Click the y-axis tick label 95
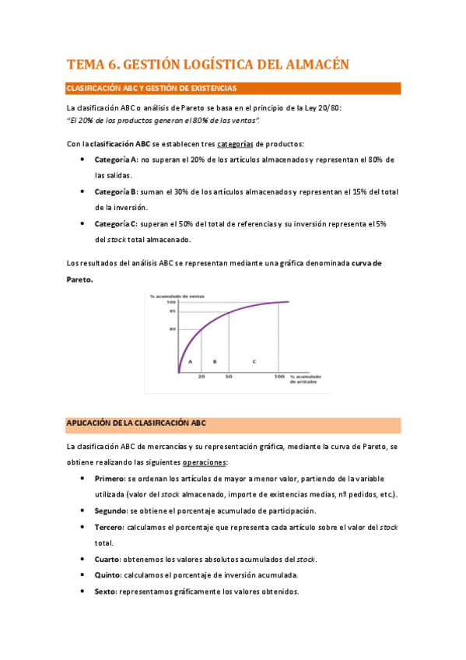172,311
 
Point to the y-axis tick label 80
172,329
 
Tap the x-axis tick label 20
201,377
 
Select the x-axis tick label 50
229,377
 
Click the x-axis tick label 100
279,377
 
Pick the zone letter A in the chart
190,362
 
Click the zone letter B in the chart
214,362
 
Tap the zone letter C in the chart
254,362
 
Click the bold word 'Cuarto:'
107,559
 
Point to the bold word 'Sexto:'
106,592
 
